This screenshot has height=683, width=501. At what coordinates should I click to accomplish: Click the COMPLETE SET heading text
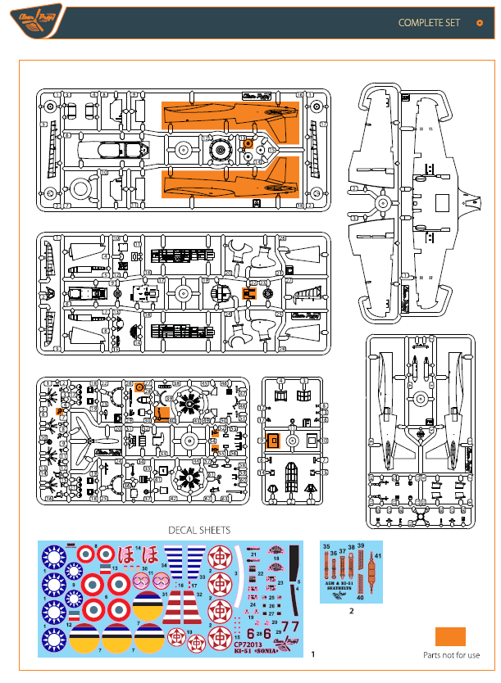point(429,22)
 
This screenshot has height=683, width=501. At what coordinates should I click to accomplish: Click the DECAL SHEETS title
point(199,530)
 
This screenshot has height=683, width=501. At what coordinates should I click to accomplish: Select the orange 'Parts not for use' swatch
point(450,636)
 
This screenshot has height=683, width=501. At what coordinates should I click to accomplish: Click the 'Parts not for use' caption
point(451,655)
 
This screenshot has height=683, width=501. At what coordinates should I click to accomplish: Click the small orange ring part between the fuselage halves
point(248,144)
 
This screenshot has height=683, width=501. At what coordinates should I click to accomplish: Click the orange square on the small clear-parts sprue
point(276,440)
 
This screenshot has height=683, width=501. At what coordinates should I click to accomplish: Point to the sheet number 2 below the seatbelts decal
point(352,611)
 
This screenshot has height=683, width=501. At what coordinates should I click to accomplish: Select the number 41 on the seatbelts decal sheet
point(378,557)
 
